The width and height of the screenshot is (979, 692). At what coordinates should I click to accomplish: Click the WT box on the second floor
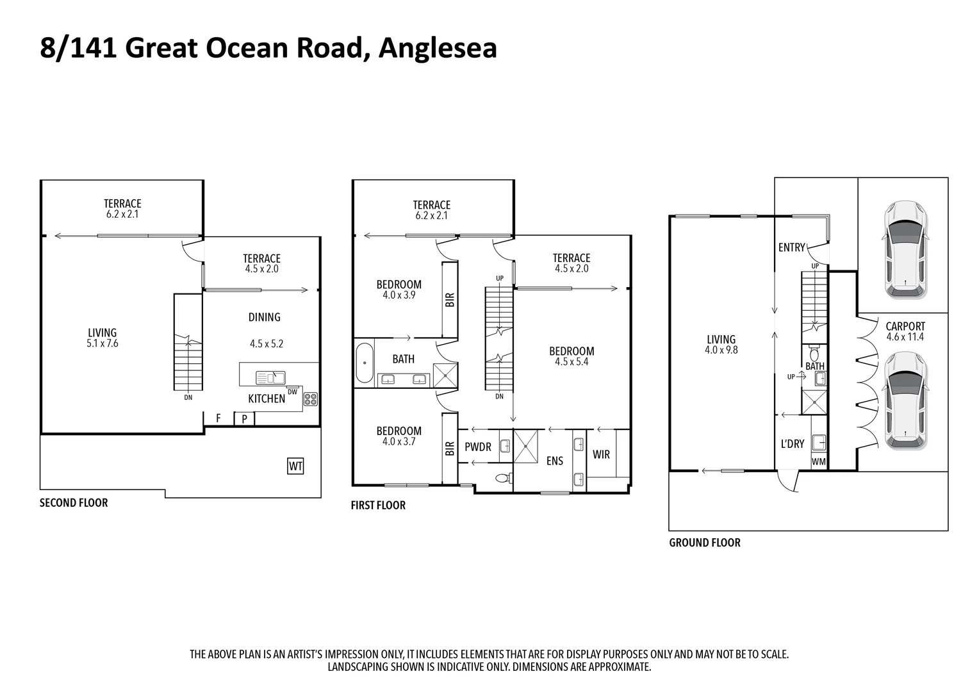click(x=295, y=466)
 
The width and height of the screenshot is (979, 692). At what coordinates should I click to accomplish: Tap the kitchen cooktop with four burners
click(x=311, y=399)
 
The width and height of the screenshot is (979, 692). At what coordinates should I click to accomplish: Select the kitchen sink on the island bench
click(x=270, y=377)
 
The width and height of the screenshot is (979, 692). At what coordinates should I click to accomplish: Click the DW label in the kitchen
click(x=292, y=392)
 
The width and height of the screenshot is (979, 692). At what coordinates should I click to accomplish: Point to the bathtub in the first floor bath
click(x=365, y=363)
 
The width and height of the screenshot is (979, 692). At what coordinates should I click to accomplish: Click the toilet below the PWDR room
click(x=504, y=478)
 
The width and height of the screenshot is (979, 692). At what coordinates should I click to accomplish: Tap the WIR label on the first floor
click(x=601, y=455)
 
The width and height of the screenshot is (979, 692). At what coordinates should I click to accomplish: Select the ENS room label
click(x=555, y=461)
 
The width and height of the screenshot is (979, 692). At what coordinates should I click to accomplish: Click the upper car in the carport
click(x=905, y=250)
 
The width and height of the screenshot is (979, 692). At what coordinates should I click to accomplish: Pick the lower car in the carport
click(x=905, y=401)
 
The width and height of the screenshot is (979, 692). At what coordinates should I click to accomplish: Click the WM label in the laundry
click(x=819, y=461)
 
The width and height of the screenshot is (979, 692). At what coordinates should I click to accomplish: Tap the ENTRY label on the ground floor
click(x=791, y=248)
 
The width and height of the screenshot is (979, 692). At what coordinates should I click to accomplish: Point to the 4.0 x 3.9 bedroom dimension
click(x=399, y=295)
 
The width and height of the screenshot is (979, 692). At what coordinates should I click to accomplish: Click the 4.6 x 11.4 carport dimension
click(x=905, y=337)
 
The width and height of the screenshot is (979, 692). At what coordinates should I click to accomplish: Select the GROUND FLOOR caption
click(x=705, y=543)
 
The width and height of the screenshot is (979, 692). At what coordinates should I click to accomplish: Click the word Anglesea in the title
click(x=438, y=48)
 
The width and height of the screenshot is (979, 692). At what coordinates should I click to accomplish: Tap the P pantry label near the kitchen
click(x=244, y=419)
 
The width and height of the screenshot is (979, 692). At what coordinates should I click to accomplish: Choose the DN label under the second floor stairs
click(x=188, y=397)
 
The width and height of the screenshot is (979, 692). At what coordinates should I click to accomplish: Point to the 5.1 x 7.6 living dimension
click(x=103, y=343)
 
